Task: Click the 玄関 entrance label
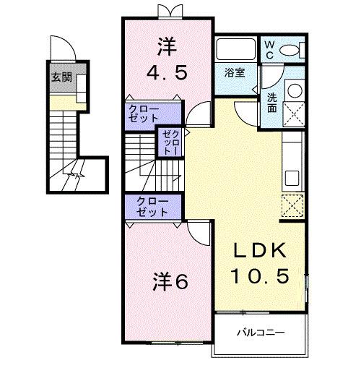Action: point(61,77)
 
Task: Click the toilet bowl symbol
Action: point(291,49)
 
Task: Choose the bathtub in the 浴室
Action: point(236,50)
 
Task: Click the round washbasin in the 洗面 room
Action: point(295,92)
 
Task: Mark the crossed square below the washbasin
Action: point(295,114)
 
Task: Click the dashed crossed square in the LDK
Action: point(295,206)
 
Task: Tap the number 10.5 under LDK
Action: point(261,275)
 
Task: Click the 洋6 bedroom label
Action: point(170,282)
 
